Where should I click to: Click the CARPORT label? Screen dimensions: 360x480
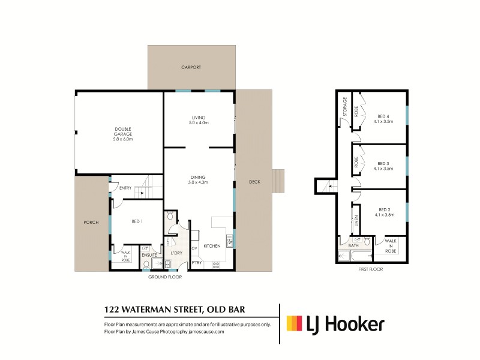[191, 68]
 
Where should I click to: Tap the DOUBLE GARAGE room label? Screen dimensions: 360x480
[124, 131]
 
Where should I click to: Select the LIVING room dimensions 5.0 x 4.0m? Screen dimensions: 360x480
[199, 122]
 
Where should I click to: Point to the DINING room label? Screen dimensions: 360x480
[199, 177]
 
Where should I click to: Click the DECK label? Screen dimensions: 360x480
[254, 182]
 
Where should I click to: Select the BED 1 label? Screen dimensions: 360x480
[137, 221]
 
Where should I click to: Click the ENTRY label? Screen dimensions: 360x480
[125, 188]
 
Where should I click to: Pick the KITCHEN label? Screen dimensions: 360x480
[212, 246]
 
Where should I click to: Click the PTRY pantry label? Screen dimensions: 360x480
[197, 262]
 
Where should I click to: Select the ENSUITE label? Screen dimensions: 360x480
[149, 255]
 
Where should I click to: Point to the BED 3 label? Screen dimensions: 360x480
[383, 163]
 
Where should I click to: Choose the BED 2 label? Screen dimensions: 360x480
[383, 209]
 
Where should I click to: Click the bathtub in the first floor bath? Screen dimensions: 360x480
[352, 256]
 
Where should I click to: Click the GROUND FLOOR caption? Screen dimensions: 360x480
[165, 277]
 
